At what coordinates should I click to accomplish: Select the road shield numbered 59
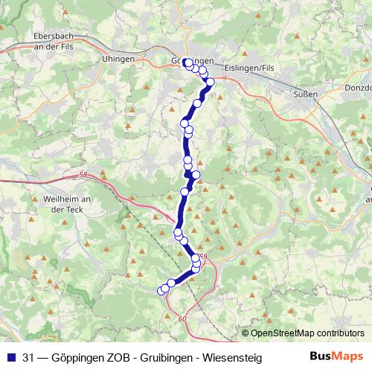(204, 257)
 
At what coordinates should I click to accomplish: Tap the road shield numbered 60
(182, 318)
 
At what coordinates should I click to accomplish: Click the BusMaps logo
(336, 357)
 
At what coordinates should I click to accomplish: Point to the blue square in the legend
(10, 358)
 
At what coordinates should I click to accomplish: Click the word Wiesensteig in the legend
(229, 358)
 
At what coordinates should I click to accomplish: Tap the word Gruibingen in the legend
(163, 358)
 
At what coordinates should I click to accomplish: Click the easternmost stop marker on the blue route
(211, 83)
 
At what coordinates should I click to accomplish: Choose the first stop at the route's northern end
(187, 62)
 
